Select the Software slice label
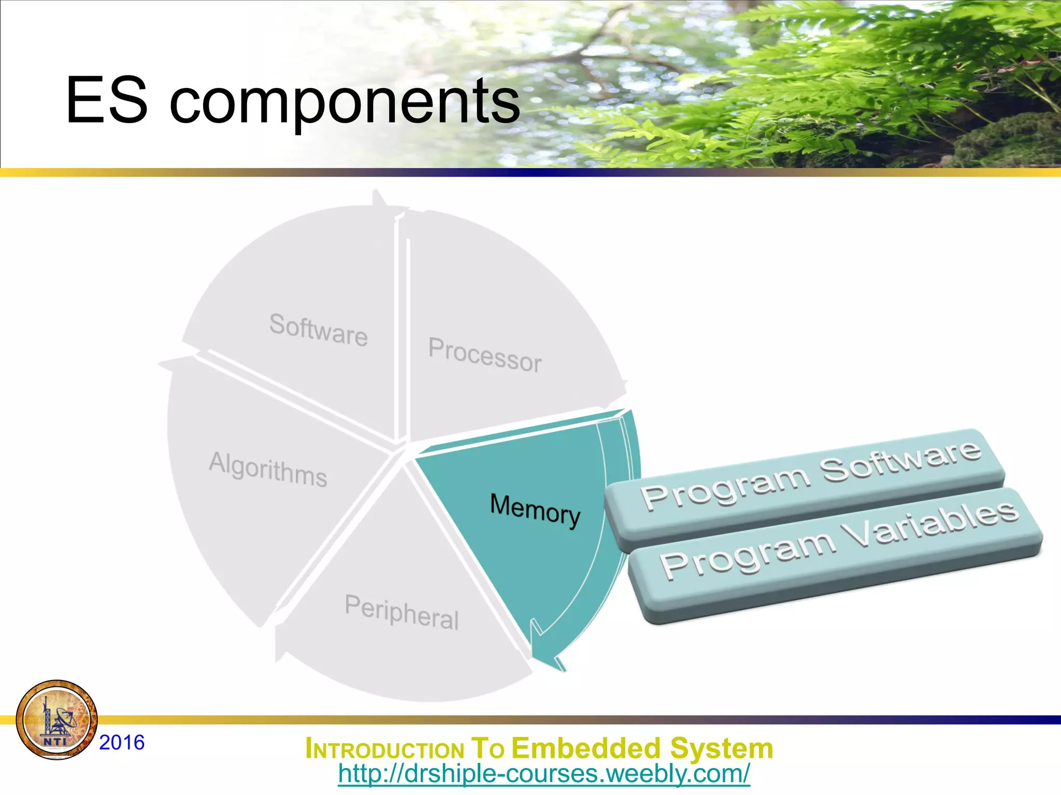pos(318,330)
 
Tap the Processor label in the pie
pos(485,354)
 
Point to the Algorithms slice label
pos(268,469)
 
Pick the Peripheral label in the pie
pos(402,612)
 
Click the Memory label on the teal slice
pos(535,509)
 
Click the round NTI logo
pos(56,719)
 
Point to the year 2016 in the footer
pos(122,742)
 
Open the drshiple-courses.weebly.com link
pos(543,774)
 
